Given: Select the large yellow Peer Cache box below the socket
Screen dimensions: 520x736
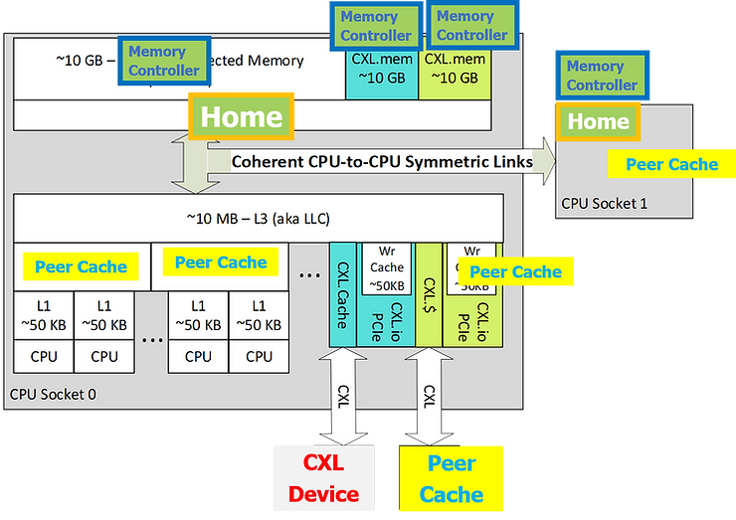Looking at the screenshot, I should pyautogui.click(x=452, y=478).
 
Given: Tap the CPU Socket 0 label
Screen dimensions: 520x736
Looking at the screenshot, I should pyautogui.click(x=53, y=394).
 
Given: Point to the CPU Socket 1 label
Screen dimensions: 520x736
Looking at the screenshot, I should pyautogui.click(x=604, y=204).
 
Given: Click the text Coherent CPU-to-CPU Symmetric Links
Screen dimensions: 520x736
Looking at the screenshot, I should pyautogui.click(x=382, y=161).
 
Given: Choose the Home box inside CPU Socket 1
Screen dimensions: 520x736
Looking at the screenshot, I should pyautogui.click(x=598, y=122).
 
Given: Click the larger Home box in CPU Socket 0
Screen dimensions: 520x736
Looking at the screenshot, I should pyautogui.click(x=242, y=116).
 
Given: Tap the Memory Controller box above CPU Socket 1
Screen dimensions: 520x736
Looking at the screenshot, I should pyautogui.click(x=602, y=76).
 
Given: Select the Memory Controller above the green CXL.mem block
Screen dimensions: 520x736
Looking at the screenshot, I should pyautogui.click(x=471, y=26).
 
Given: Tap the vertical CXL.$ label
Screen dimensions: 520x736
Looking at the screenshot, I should pyautogui.click(x=430, y=294).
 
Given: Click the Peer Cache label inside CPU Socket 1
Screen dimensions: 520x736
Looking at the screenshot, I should pyautogui.click(x=671, y=164).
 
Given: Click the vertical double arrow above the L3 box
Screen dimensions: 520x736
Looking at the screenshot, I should pyautogui.click(x=189, y=164).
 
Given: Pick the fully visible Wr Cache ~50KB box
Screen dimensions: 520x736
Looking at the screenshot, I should pyautogui.click(x=387, y=267).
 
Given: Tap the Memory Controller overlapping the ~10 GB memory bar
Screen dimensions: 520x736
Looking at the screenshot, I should pyautogui.click(x=164, y=61).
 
